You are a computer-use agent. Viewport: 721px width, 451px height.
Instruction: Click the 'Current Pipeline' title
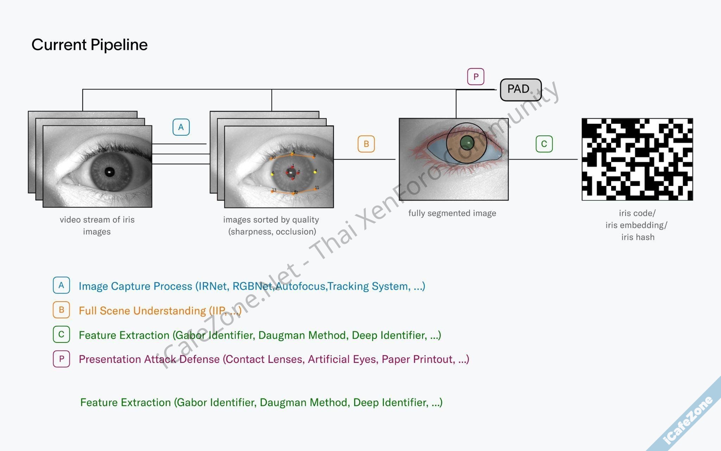pos(89,45)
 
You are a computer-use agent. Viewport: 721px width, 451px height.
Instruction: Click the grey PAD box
pos(520,89)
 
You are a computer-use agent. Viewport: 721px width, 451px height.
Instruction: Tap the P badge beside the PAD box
pos(476,76)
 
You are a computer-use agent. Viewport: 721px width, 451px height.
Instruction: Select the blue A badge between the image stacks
pos(181,127)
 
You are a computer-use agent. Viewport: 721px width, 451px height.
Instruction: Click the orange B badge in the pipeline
pos(366,144)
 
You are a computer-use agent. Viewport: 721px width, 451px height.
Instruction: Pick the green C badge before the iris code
pos(544,144)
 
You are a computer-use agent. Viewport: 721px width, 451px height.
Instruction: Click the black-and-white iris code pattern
pos(637,159)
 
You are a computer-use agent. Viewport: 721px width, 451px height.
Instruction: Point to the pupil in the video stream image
pos(109,172)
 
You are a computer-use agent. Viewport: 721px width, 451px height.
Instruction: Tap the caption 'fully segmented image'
pos(452,213)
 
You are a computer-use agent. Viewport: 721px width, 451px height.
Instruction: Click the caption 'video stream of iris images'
pos(97,225)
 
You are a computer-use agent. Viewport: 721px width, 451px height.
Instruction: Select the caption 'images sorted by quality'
pos(271,220)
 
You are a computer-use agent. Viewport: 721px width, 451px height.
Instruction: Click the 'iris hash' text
pos(638,237)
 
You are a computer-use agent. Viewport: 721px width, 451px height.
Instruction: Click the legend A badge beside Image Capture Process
pos(61,285)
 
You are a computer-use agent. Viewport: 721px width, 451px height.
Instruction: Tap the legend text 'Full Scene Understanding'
pos(142,311)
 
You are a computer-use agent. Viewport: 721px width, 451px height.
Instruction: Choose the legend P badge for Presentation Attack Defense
pos(61,359)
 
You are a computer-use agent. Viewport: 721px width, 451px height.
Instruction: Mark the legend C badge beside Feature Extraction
pos(61,334)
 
